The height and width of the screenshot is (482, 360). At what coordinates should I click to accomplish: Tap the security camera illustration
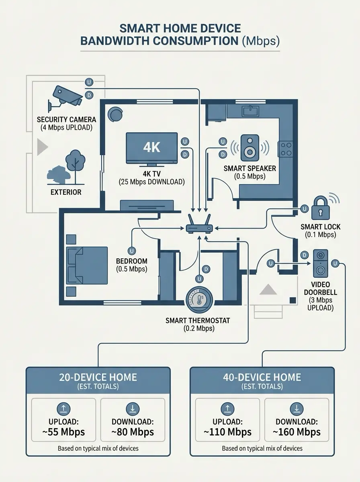tap(65, 96)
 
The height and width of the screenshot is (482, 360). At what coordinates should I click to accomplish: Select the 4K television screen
tap(152, 148)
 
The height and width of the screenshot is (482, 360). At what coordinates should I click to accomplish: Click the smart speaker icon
tap(249, 148)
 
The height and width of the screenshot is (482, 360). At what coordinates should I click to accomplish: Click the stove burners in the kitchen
tap(286, 149)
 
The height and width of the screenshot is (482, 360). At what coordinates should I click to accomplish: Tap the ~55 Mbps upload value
tap(63, 432)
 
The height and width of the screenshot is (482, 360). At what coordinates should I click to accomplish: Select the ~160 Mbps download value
tap(297, 432)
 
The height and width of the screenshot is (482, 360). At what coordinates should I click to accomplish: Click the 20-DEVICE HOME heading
tap(98, 377)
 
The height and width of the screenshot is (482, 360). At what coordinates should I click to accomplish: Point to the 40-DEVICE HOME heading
tap(262, 377)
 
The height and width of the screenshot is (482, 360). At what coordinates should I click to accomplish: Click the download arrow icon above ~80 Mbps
tap(133, 409)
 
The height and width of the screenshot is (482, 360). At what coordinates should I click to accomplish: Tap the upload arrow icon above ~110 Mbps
tap(227, 409)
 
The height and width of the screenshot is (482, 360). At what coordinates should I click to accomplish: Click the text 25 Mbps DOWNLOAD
tap(152, 182)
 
